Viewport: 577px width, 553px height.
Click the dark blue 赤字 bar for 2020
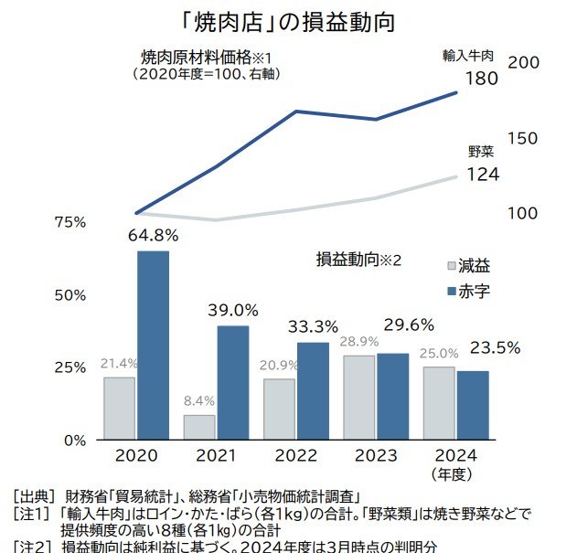[x=153, y=345]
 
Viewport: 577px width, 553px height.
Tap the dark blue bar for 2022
[x=313, y=390]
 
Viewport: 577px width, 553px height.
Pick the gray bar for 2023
[x=358, y=397]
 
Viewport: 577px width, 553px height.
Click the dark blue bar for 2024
[x=473, y=404]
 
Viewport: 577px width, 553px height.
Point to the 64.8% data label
[x=153, y=236]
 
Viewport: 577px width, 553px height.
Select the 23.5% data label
[x=495, y=347]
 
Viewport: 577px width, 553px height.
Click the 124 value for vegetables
[x=482, y=173]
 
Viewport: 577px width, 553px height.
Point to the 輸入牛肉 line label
[x=468, y=56]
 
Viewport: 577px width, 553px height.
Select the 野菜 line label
[x=481, y=151]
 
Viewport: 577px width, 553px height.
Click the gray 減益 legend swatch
[x=449, y=266]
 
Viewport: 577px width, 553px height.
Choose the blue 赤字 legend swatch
[x=449, y=290]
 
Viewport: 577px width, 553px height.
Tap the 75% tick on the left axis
[x=70, y=222]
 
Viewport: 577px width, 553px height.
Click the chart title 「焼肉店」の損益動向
[x=287, y=20]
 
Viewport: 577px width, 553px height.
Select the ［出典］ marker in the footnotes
[x=33, y=495]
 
